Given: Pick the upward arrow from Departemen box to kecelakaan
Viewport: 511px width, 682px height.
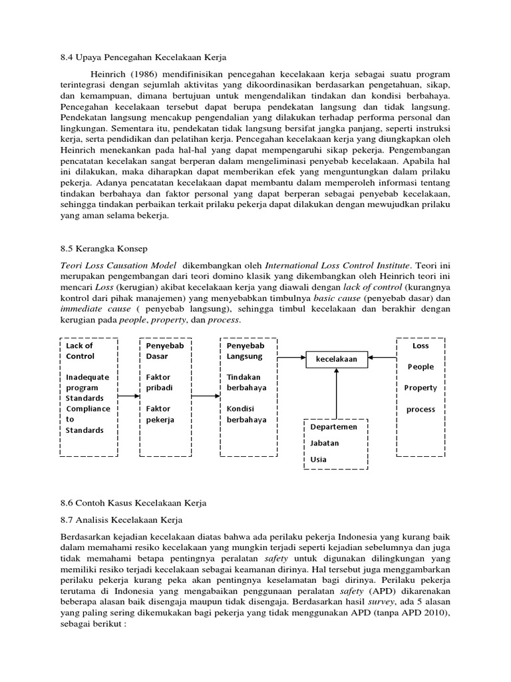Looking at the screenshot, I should [337, 393].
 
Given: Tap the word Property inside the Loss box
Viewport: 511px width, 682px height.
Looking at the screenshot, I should [421, 388].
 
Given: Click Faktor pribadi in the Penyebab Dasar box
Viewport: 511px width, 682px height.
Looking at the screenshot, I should [158, 382].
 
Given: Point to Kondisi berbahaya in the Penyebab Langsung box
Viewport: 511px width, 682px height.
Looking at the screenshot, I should [246, 414].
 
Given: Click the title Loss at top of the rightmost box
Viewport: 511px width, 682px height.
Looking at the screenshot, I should [421, 346].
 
